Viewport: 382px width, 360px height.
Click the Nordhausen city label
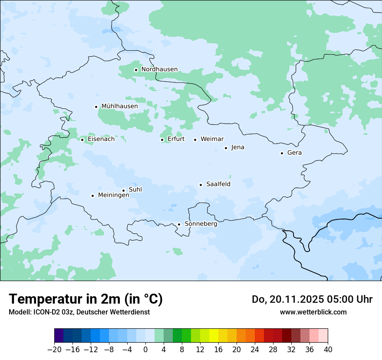coord(159,69)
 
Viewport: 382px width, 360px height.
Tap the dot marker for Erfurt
coord(162,140)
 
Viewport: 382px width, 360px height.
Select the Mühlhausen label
coord(119,106)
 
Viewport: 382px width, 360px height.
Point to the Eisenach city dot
coord(82,140)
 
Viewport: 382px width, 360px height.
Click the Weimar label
coord(212,139)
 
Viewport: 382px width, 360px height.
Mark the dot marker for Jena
coord(226,148)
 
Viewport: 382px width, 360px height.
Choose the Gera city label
coord(294,153)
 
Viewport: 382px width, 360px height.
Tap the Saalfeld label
coord(218,184)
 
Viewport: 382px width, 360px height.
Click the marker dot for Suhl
coord(123,190)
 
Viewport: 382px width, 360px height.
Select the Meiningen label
coord(114,195)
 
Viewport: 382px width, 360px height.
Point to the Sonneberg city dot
coord(179,224)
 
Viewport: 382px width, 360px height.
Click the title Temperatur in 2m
coord(86,299)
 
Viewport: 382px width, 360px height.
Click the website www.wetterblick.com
coord(313,312)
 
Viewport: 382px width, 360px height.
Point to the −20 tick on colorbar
coord(54,350)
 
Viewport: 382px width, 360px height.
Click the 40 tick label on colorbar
coord(328,350)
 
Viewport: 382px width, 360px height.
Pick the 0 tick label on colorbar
coord(145,350)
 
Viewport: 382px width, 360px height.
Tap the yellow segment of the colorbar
coord(214,336)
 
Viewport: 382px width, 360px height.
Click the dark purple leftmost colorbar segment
coord(59,336)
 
